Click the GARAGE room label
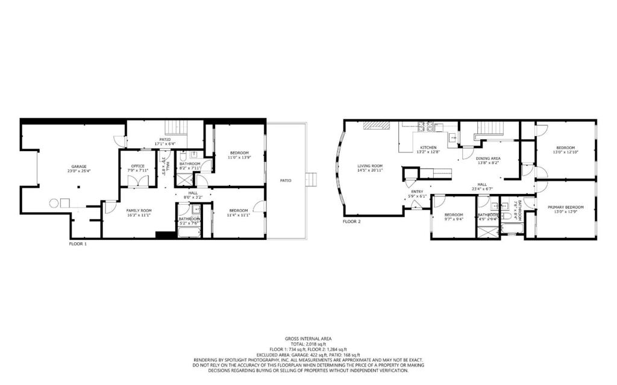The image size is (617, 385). point(80,166)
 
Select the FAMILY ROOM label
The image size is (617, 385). point(138,210)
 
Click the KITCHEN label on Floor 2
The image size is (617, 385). point(428,148)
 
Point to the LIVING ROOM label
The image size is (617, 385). point(370,166)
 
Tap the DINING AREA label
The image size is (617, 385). point(489,158)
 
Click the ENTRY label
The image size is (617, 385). point(417,192)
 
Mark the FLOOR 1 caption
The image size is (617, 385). point(78,244)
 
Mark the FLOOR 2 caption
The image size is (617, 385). point(351,222)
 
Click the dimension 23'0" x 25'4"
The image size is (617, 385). point(80,171)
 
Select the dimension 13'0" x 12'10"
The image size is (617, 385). point(565,152)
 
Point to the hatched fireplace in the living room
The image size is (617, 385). point(377,124)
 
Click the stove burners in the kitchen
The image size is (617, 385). point(426,127)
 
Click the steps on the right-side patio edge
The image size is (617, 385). point(312,180)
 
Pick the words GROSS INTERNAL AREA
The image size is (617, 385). point(308,339)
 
